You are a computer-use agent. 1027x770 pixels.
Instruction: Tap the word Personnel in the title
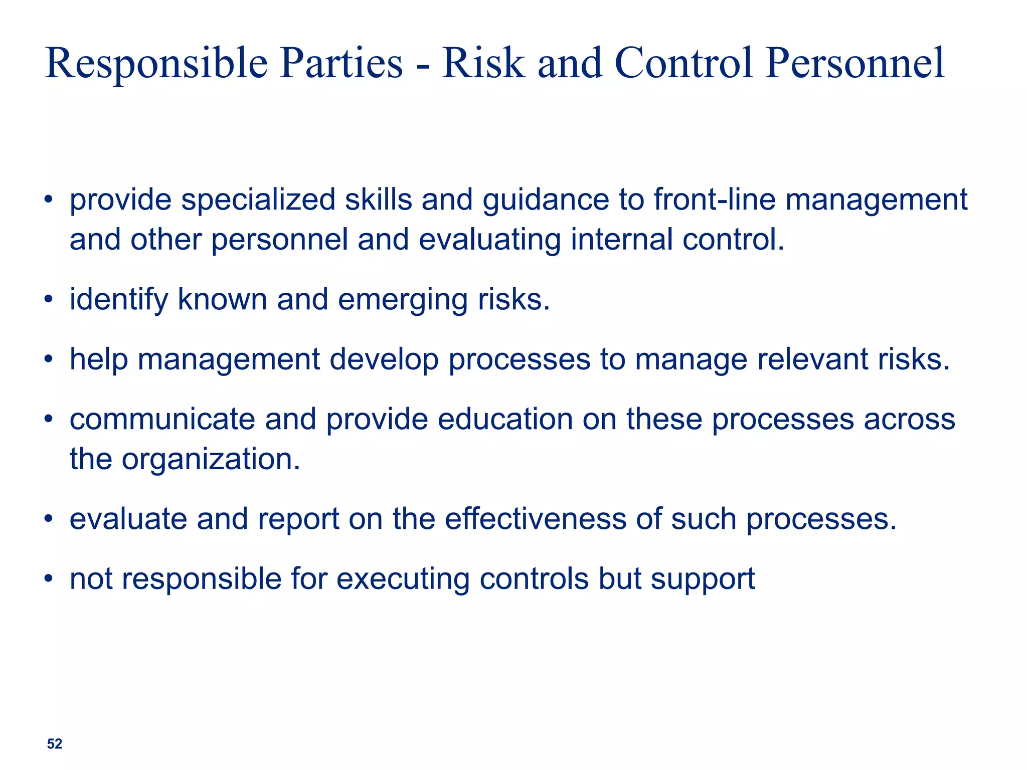(854, 63)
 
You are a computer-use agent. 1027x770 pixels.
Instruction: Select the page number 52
(54, 744)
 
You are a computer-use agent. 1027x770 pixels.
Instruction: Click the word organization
(211, 459)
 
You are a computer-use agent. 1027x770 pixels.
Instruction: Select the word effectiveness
(535, 519)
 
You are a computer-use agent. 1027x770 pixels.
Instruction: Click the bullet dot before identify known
(48, 300)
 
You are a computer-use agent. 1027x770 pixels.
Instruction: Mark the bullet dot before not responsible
(48, 579)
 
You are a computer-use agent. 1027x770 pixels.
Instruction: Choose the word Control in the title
(684, 63)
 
